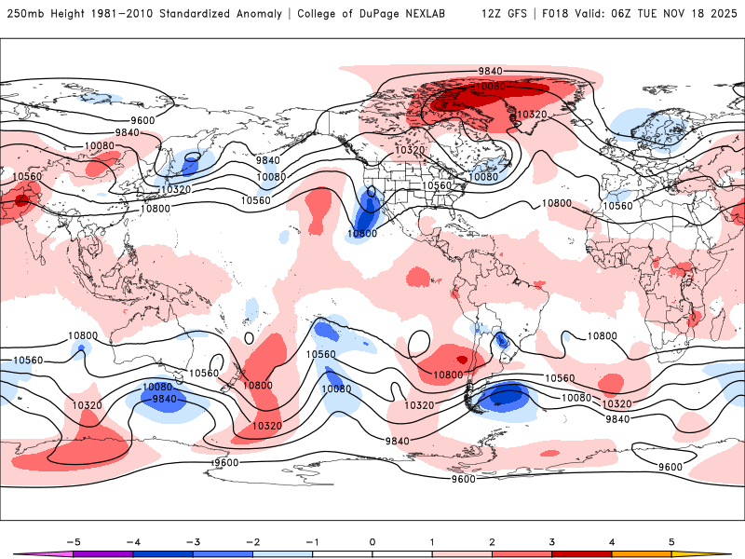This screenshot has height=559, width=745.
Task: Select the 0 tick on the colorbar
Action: pos(372,540)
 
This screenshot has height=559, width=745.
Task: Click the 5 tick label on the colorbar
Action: pos(671,540)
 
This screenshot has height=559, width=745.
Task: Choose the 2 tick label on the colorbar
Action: pos(492,540)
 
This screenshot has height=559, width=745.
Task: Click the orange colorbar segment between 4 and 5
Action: pos(642,555)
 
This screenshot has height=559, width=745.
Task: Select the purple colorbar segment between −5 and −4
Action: pos(102,555)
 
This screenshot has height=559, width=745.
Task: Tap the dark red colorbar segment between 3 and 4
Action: pos(581,555)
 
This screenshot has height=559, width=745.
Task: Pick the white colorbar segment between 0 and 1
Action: pos(401,555)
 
